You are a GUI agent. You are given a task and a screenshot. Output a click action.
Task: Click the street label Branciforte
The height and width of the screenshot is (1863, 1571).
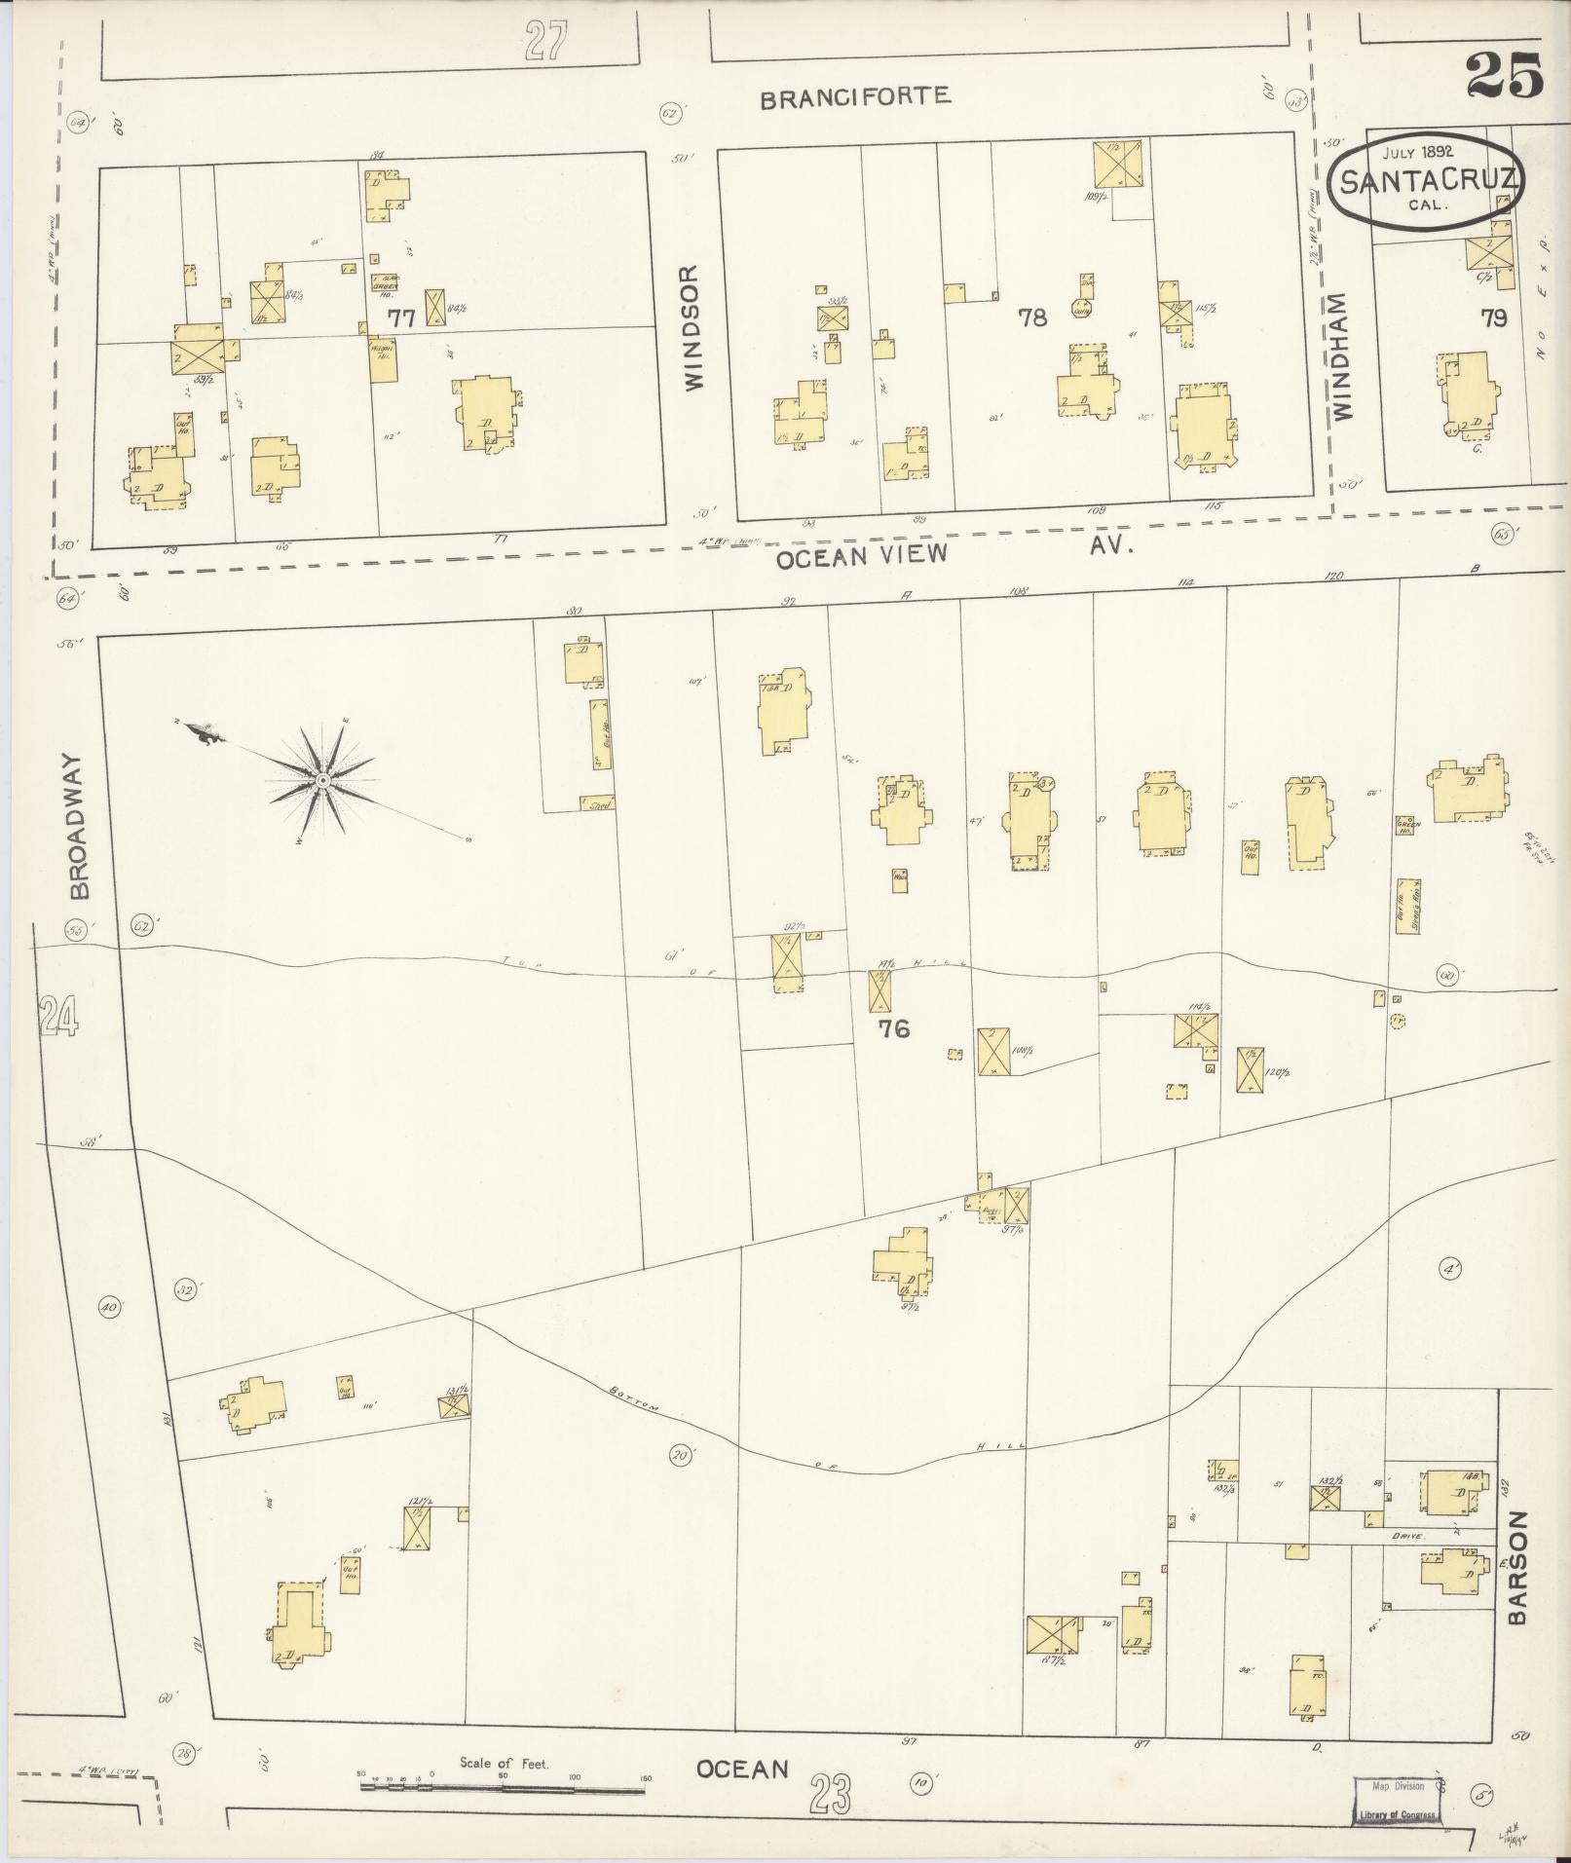pos(854,97)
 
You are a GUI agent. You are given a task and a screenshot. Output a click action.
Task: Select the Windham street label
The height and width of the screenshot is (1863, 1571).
pos(1345,357)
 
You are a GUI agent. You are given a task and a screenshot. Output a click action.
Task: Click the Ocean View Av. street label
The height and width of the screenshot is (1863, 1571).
pos(954,552)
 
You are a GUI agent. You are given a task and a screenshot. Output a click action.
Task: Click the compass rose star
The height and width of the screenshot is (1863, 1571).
pos(322,780)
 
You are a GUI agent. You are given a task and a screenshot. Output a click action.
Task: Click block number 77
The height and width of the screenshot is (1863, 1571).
pos(400,317)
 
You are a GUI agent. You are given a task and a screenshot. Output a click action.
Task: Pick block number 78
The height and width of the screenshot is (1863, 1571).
pos(1031,317)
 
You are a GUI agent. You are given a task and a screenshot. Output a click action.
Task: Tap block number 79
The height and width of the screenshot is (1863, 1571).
pos(1493,317)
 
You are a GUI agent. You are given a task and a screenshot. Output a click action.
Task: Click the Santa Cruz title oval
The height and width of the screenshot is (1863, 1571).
pos(1424,182)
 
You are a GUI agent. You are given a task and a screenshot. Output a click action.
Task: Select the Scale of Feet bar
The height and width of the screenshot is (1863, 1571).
pos(504,1788)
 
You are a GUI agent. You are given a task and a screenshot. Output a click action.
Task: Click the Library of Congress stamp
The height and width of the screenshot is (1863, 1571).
pos(1395,1802)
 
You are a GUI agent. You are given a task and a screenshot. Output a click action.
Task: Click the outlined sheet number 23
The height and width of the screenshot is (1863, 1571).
pos(828,1791)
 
